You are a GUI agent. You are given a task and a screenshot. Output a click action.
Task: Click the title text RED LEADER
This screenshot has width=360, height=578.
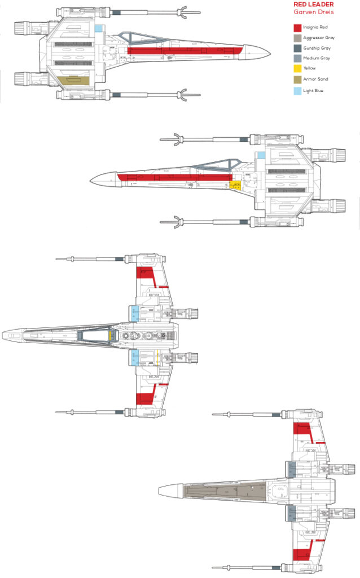point(313,5)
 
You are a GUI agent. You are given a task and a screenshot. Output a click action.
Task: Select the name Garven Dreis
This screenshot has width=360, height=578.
point(313,12)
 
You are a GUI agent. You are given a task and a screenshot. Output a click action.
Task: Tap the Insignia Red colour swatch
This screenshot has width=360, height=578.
point(297,27)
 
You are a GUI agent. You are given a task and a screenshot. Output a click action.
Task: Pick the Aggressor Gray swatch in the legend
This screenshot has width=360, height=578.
point(297,37)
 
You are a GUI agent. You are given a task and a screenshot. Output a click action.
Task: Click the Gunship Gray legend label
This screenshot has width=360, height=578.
point(316,48)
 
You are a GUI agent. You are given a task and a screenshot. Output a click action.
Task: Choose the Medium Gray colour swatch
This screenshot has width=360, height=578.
point(297,58)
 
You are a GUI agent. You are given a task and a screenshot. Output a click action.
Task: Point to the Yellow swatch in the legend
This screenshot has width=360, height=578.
point(297,68)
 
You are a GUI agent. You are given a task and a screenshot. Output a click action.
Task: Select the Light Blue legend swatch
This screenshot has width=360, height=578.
point(297,90)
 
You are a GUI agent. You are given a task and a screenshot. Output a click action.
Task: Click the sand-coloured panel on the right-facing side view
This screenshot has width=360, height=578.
point(72,81)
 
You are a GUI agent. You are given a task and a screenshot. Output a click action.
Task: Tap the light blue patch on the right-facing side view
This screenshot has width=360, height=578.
point(98,28)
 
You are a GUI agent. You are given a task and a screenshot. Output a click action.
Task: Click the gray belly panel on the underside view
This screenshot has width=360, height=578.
point(226,490)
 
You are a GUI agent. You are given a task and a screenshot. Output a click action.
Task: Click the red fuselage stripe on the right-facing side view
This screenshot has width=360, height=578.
point(186,51)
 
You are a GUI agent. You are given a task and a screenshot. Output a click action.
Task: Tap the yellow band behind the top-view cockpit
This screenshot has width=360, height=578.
point(109,336)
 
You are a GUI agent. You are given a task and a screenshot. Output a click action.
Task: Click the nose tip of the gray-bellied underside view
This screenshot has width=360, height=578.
point(160,490)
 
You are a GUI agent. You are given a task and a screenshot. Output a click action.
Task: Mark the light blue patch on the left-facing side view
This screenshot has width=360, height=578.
point(261,155)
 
